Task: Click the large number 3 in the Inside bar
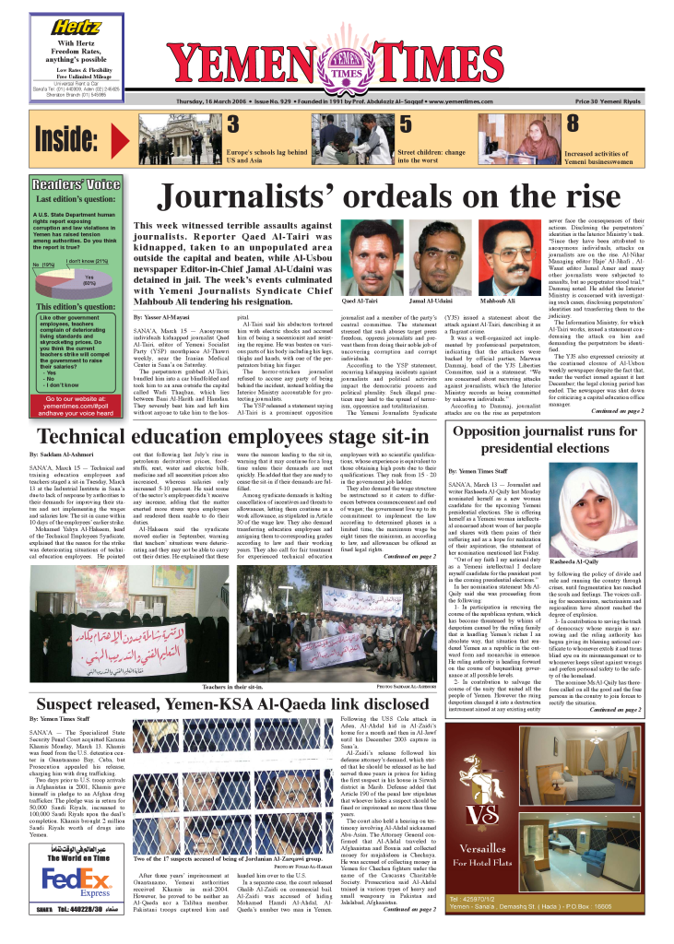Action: pos(234,125)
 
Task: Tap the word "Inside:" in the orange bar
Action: pos(73,137)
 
